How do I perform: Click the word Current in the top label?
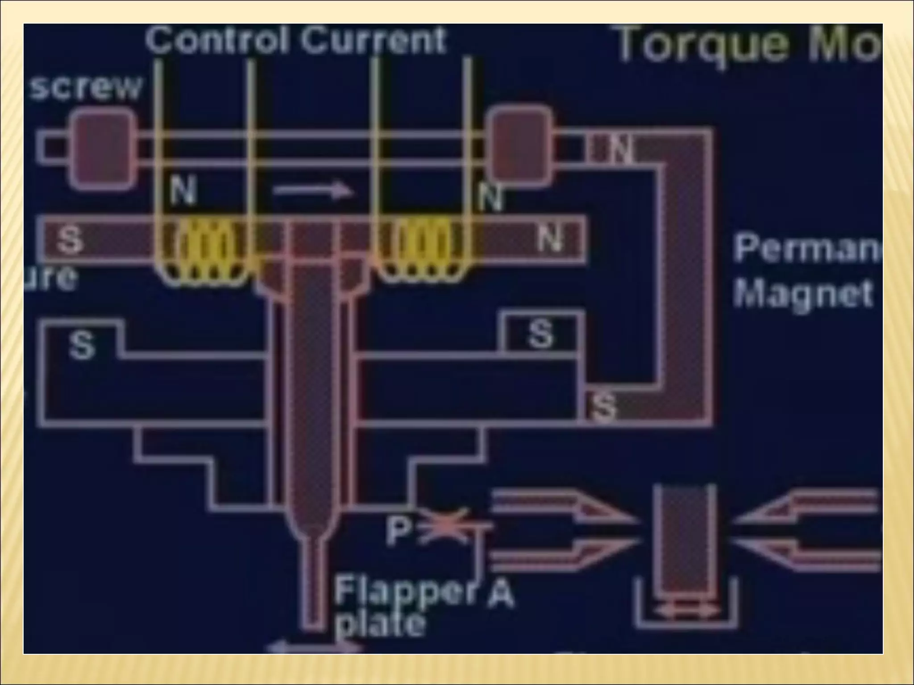pyautogui.click(x=373, y=40)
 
